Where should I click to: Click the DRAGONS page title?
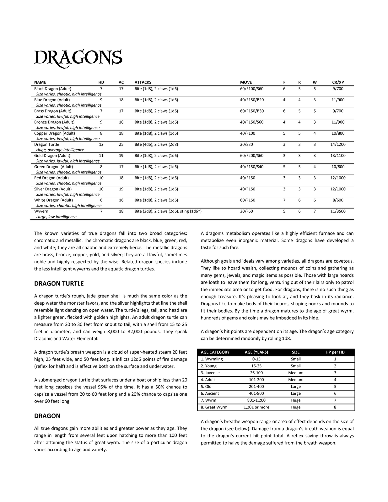(78, 58)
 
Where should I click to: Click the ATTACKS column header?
(143, 82)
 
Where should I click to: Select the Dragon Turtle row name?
(46, 144)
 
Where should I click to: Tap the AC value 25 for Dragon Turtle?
(121, 144)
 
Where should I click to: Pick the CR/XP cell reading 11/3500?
(338, 211)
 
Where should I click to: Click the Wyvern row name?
(41, 211)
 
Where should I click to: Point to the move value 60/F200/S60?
(252, 156)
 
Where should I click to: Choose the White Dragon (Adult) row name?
(53, 200)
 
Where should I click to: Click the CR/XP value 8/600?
(338, 200)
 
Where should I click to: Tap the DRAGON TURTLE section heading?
(59, 284)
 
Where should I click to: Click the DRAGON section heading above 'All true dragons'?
(47, 416)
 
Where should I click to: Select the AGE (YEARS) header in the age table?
(256, 352)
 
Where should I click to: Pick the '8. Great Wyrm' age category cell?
(214, 407)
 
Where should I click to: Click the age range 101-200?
(256, 380)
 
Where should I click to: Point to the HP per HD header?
(335, 352)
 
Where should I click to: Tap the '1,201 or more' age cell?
(256, 407)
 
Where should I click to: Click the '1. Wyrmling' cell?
(212, 359)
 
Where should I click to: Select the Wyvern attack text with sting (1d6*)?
(168, 211)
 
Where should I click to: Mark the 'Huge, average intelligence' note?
(60, 150)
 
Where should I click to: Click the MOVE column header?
(246, 82)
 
